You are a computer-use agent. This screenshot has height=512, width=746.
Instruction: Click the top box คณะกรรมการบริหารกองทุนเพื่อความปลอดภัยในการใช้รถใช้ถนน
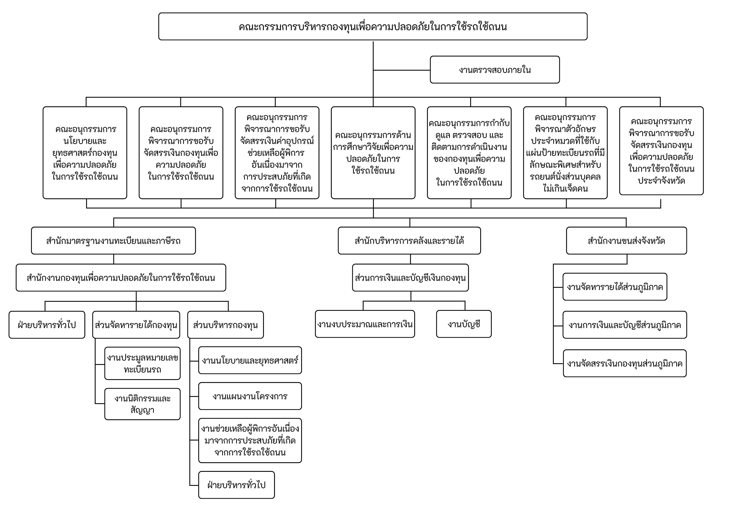click(373, 27)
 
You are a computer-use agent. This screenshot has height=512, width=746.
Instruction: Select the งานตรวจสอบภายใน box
click(495, 70)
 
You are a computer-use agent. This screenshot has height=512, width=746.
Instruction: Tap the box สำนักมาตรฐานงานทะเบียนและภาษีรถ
click(113, 241)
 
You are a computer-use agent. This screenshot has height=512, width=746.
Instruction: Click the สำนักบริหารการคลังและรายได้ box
click(409, 241)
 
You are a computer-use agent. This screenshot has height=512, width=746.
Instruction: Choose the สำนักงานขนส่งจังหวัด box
click(626, 241)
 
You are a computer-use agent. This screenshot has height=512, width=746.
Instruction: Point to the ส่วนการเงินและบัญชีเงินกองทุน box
click(410, 278)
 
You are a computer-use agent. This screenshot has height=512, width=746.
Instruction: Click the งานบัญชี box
click(464, 324)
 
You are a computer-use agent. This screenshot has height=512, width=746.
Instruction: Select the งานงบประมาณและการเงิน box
click(365, 324)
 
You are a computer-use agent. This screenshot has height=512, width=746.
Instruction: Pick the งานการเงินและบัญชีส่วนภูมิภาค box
click(625, 325)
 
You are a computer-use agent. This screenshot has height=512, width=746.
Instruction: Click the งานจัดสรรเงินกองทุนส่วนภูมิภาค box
click(625, 363)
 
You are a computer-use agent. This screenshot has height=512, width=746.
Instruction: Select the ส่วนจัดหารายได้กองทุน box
click(136, 325)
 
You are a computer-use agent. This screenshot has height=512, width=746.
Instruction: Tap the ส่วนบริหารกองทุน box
click(225, 325)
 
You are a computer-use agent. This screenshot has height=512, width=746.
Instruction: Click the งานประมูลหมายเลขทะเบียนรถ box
click(142, 363)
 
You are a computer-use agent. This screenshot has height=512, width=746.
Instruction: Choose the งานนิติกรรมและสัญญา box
click(142, 404)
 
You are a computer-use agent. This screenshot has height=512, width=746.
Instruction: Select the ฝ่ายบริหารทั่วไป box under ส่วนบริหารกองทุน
click(236, 485)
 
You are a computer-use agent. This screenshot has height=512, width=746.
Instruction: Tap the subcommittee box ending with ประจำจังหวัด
click(661, 151)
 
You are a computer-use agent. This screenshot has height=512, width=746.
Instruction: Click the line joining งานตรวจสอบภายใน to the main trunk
click(401, 70)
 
